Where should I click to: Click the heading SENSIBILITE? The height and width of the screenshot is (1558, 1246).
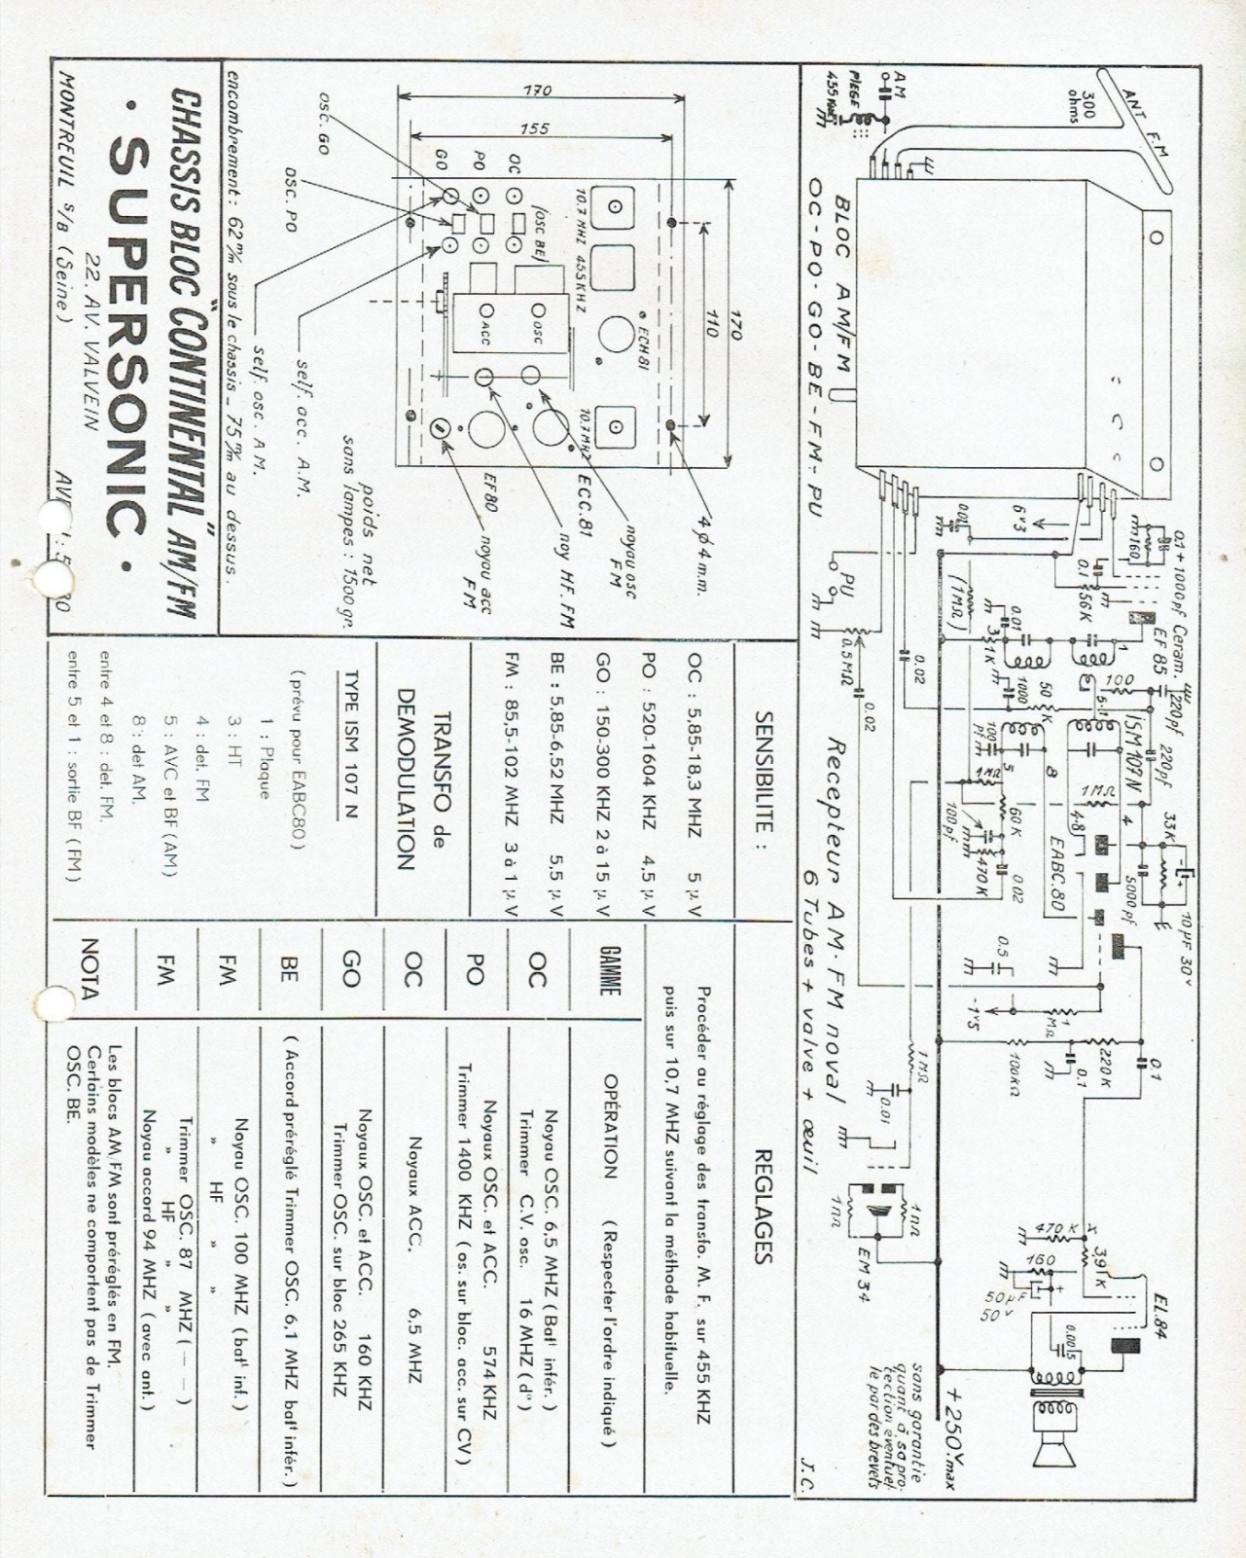coord(764,773)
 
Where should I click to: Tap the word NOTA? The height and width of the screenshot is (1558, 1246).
coord(89,969)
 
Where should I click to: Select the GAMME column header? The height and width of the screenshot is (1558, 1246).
coord(610,970)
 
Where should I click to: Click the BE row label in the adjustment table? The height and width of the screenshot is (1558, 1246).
coord(289,968)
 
